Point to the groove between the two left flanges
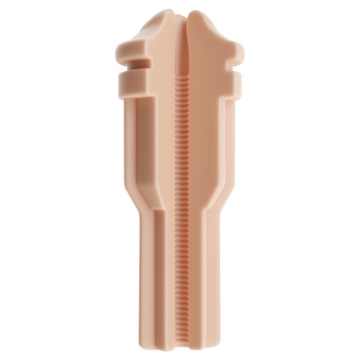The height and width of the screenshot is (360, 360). (x=126, y=68)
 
